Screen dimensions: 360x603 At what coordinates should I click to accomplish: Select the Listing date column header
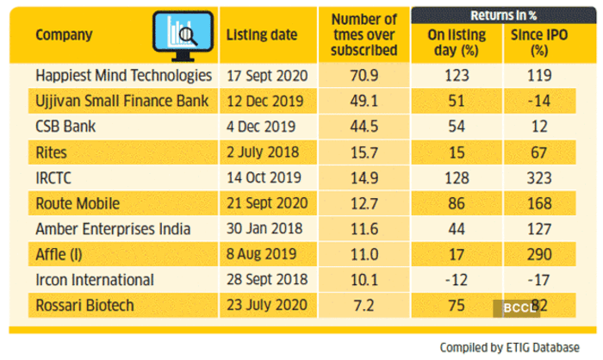click(x=262, y=35)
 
